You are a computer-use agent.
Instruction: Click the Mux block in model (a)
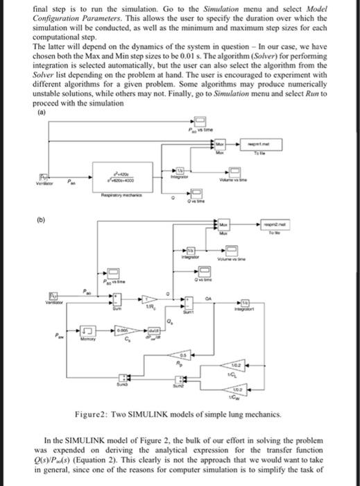coord(220,144)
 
